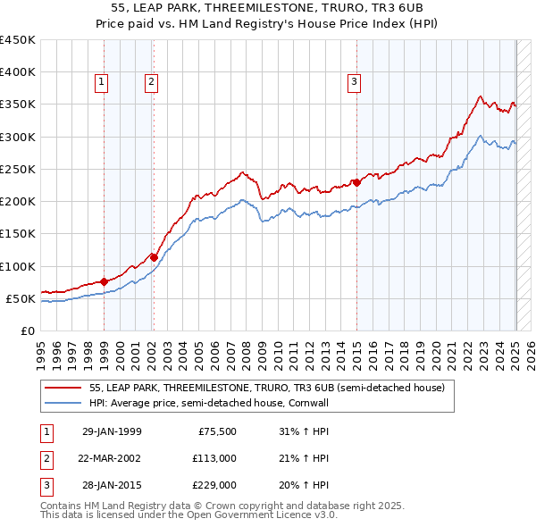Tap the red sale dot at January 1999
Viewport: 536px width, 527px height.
[x=105, y=281]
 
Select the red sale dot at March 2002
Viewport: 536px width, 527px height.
[x=154, y=257]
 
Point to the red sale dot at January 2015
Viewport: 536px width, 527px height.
[x=356, y=182]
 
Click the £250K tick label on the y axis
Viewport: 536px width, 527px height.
[x=17, y=169]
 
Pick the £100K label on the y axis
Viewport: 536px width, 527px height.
[x=17, y=266]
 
